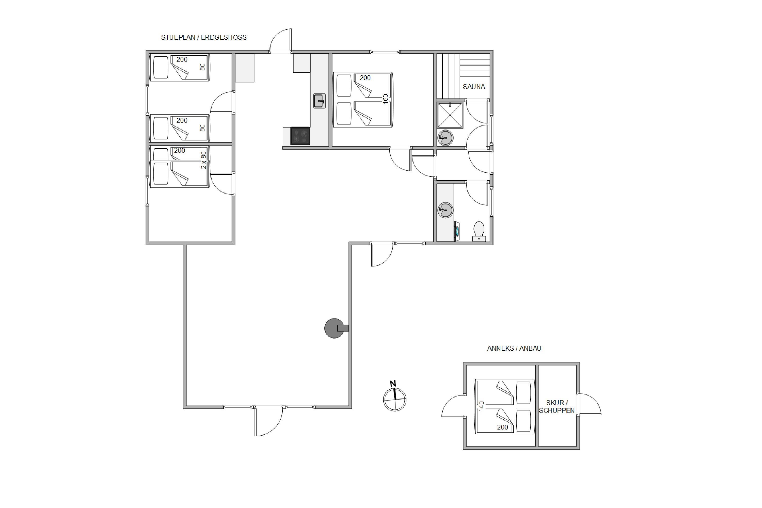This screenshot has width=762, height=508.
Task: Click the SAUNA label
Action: tap(474, 87)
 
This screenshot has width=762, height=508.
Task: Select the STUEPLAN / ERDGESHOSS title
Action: tap(204, 38)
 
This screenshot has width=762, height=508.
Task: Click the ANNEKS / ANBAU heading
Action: tap(514, 348)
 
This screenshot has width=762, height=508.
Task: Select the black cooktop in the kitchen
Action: tap(300, 135)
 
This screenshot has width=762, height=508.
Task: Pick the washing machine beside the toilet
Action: tap(456, 231)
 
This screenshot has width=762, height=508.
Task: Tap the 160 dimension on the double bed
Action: tap(385, 99)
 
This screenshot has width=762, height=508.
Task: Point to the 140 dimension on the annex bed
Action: tap(481, 406)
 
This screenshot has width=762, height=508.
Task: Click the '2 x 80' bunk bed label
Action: tap(203, 160)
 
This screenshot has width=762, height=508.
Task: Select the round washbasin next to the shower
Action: tap(446, 138)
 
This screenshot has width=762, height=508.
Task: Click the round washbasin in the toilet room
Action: tap(445, 210)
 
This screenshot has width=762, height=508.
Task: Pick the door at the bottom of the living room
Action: tap(268, 422)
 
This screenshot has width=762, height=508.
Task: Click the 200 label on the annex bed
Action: tap(502, 427)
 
